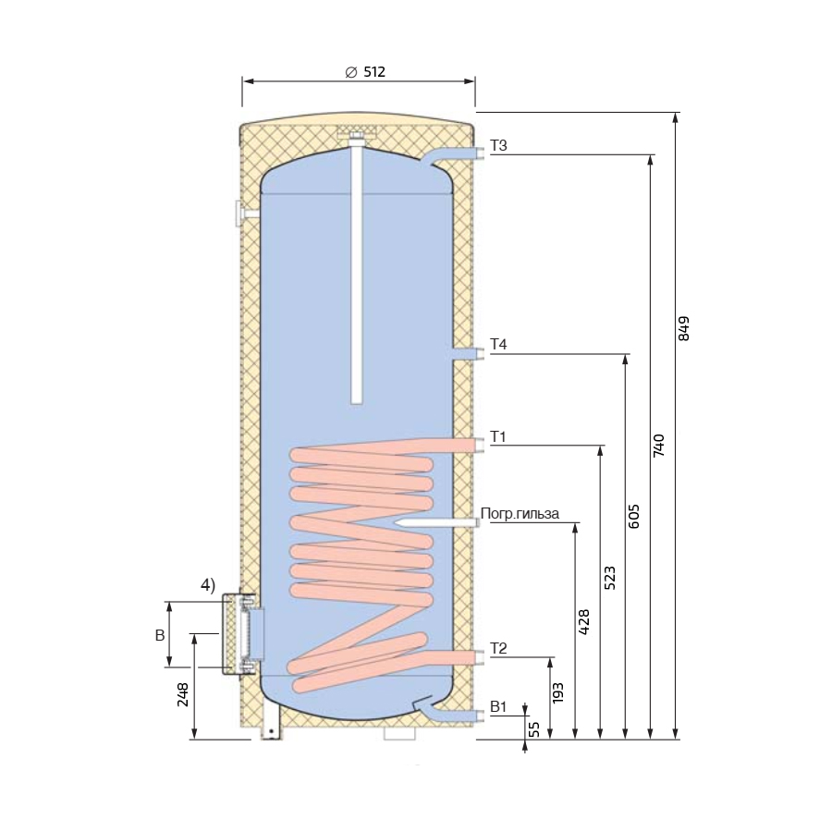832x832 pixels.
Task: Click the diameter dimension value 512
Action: (374, 71)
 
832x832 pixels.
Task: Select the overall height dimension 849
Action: (683, 328)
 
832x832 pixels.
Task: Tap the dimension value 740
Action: (658, 446)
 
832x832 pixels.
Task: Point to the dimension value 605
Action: (633, 516)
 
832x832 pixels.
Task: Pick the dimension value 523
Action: (610, 578)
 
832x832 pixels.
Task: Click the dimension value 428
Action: (583, 622)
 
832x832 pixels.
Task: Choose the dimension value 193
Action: (557, 693)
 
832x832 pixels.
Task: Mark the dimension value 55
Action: (535, 729)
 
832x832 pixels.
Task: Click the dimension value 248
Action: (182, 694)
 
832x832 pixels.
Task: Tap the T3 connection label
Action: (498, 145)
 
